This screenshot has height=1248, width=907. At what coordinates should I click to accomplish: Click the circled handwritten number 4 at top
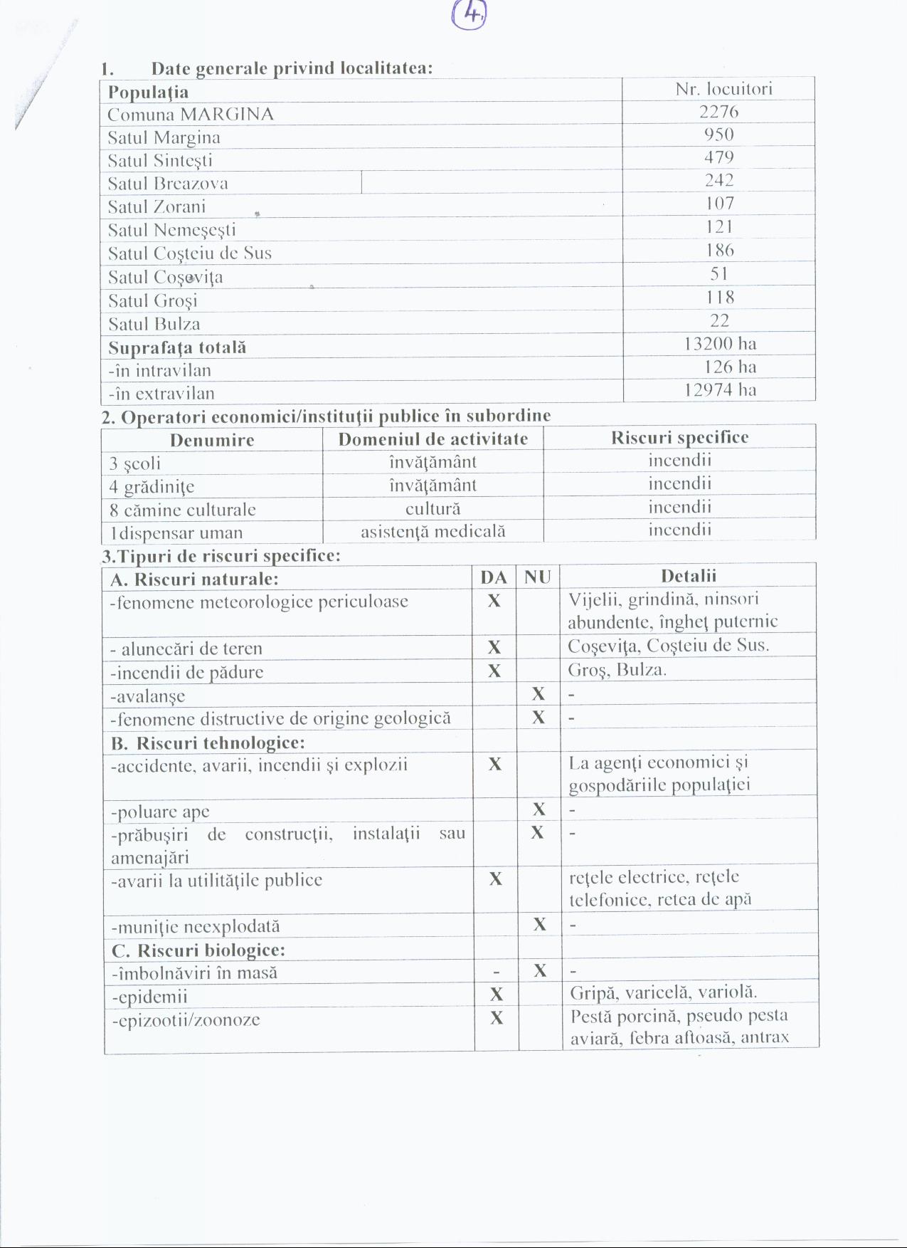(470, 14)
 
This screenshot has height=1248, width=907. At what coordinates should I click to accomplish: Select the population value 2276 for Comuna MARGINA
(718, 112)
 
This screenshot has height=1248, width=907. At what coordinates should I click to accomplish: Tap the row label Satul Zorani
(157, 207)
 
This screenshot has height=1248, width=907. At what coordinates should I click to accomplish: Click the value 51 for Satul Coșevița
(719, 274)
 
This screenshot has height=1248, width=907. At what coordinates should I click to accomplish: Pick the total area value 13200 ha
(720, 344)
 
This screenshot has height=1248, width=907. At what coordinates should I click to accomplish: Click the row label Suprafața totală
(177, 347)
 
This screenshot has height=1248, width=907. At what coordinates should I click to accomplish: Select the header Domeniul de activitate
(433, 439)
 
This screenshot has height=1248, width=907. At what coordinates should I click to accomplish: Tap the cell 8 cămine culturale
(183, 510)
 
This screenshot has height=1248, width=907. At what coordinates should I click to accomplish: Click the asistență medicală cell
(433, 531)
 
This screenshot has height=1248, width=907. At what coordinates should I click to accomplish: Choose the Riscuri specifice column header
(679, 438)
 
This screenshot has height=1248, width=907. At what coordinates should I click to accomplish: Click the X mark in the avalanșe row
(539, 694)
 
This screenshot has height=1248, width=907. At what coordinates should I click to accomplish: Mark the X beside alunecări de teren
(494, 647)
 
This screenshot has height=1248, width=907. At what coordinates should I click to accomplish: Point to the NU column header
(538, 577)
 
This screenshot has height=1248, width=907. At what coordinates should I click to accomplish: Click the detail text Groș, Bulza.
(617, 670)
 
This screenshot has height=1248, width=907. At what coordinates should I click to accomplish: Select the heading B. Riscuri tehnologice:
(208, 743)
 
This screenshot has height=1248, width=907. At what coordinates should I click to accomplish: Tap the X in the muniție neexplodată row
(540, 925)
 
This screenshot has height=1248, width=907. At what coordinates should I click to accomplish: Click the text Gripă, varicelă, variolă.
(663, 992)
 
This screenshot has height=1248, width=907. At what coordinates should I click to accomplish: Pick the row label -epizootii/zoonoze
(186, 1020)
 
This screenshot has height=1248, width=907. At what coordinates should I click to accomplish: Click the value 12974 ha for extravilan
(720, 390)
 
